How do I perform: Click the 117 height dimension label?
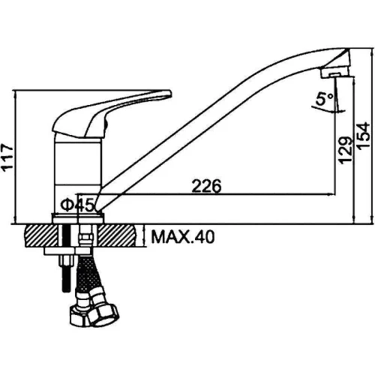7,157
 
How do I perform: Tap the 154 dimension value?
363,136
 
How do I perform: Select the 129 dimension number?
346,150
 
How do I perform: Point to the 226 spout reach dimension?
206,186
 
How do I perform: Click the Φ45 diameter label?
77,205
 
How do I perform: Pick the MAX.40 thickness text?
183,237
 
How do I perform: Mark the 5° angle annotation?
325,99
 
